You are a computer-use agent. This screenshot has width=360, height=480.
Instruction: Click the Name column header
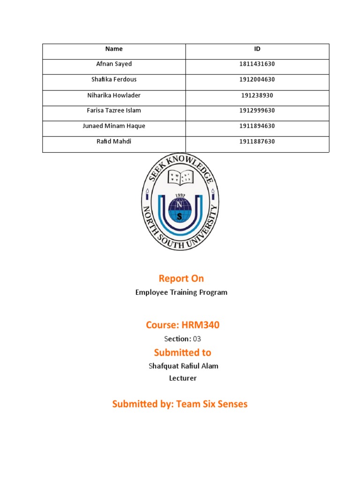(114, 49)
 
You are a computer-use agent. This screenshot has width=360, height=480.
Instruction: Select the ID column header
(257, 49)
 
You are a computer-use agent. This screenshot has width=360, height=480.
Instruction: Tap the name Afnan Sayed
(114, 64)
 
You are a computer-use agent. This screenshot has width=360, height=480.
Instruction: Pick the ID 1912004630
(257, 80)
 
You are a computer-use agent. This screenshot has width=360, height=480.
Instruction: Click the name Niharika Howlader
(114, 95)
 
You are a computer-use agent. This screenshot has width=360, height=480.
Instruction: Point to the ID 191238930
(257, 95)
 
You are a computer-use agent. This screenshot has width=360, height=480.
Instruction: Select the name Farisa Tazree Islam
(114, 111)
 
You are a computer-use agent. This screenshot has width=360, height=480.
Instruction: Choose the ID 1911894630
(257, 126)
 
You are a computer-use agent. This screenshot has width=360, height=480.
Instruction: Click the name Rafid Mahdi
(114, 141)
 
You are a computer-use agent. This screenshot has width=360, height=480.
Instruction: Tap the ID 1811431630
(257, 64)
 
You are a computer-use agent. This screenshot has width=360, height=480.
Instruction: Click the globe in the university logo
(180, 210)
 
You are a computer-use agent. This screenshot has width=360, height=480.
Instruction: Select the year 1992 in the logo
(180, 195)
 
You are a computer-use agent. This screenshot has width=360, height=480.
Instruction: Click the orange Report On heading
(181, 278)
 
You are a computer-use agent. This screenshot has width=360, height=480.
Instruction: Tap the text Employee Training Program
(181, 292)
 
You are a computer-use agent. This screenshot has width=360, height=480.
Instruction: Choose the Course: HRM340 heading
(182, 325)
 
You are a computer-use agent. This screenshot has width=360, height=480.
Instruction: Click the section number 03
(197, 339)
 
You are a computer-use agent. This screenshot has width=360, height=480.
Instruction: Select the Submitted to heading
(182, 352)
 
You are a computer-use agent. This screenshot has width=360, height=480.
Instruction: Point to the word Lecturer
(183, 378)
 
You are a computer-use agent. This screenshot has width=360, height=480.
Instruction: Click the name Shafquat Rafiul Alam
(183, 366)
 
